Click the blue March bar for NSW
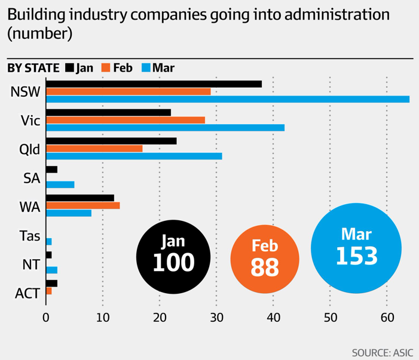coord(227,99)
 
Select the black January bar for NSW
coord(154,84)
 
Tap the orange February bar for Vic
coord(125,120)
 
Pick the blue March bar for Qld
coord(134,156)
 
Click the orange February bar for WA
coord(82,205)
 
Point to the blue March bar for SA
coord(60,184)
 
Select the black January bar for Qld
coord(111,141)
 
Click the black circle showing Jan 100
coord(173,256)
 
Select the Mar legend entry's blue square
coord(146,67)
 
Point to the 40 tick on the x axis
coord(273,317)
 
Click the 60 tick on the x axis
coord(387,317)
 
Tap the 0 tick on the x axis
coord(46,317)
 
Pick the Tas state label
coord(29,236)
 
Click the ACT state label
coord(27,293)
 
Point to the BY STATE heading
coord(33,67)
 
